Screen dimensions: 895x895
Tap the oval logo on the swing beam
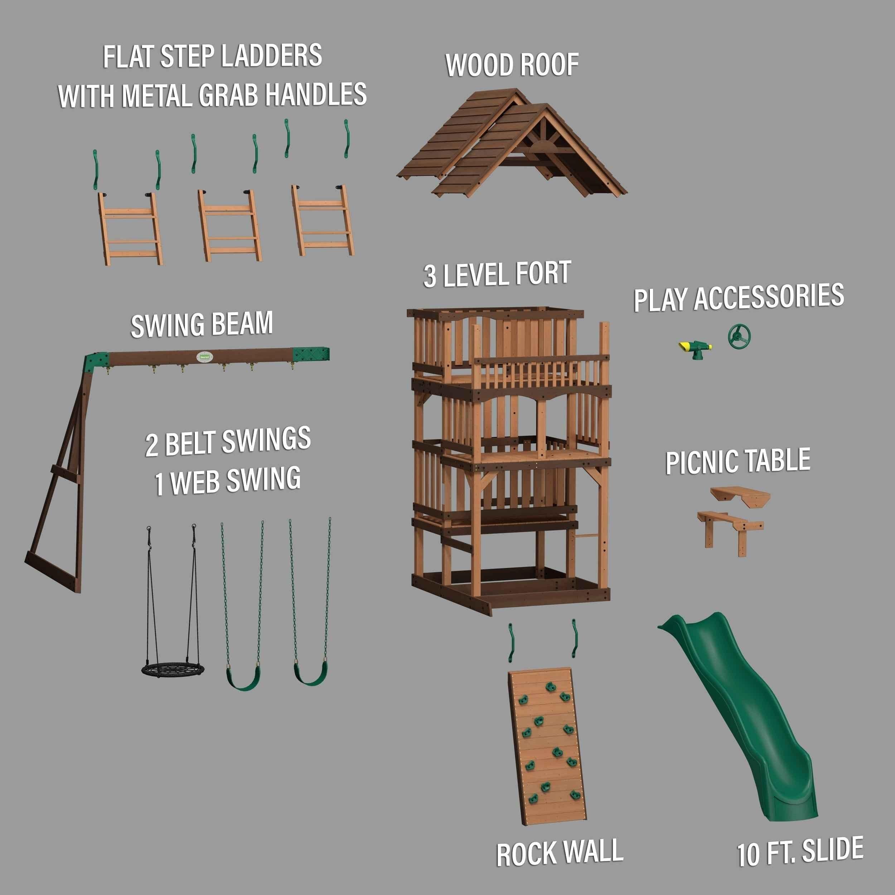(x=204, y=357)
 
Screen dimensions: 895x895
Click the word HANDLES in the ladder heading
(x=315, y=95)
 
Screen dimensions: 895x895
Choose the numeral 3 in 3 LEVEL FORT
(x=430, y=276)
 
